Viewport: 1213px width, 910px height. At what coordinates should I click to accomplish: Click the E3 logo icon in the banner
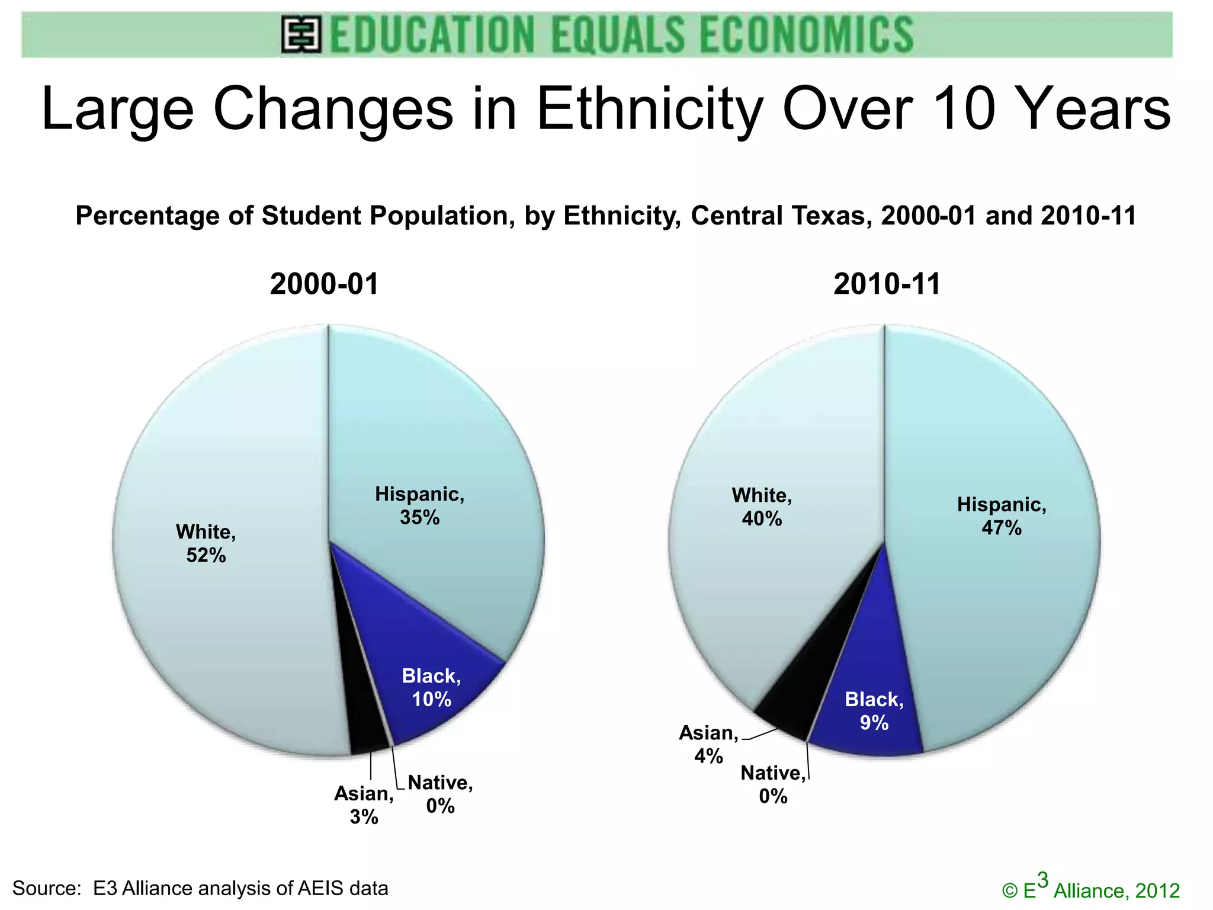(x=301, y=35)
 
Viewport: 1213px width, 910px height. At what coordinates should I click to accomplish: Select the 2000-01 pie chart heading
(x=324, y=284)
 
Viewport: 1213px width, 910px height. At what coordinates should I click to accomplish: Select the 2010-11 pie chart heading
(x=887, y=284)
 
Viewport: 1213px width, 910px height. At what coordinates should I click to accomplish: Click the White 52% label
(x=206, y=543)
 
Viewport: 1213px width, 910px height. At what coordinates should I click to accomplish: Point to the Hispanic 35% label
(x=419, y=505)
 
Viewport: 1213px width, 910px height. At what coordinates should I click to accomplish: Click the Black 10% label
(x=431, y=687)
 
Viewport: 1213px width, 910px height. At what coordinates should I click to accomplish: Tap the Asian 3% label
(x=364, y=805)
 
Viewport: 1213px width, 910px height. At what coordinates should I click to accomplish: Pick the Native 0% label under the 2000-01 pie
(x=440, y=794)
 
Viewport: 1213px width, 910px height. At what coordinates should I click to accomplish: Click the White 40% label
(x=762, y=507)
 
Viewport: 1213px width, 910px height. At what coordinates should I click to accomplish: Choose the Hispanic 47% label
(x=1002, y=516)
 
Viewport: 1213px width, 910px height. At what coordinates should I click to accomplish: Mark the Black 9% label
(x=874, y=710)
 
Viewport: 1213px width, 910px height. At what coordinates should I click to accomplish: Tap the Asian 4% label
(x=708, y=744)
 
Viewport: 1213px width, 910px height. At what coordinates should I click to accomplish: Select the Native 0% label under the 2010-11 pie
(x=773, y=784)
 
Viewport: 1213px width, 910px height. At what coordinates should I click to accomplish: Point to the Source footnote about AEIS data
(x=200, y=888)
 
